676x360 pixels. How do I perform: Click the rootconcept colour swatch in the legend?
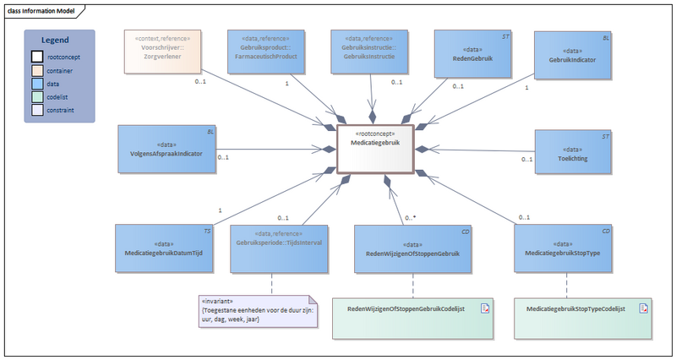pyautogui.click(x=38, y=56)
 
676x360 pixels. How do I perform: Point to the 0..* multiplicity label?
pyautogui.click(x=411, y=218)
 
